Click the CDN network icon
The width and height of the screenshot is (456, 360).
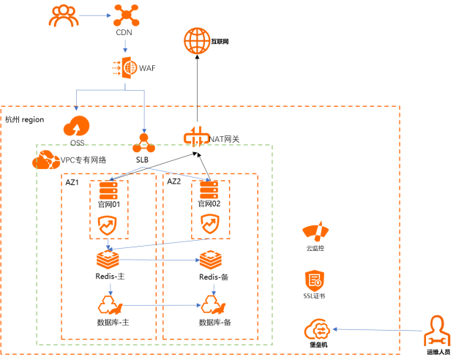tap(126, 15)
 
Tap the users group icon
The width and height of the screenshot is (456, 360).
tap(64, 16)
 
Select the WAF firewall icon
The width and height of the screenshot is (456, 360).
tap(125, 68)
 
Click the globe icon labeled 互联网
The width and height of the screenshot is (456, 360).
tap(197, 41)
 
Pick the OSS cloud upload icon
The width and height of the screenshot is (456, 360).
tap(76, 126)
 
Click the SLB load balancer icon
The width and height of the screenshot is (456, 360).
tap(143, 143)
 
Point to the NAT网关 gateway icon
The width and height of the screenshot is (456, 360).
tap(196, 137)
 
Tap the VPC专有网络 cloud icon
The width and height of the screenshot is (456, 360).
tap(46, 160)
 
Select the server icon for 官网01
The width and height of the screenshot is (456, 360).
tap(108, 190)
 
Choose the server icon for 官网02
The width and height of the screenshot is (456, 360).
tap(209, 190)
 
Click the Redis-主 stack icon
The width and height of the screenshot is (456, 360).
tap(108, 259)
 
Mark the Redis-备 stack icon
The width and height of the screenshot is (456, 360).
tap(211, 260)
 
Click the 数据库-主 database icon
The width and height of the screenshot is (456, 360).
tap(111, 305)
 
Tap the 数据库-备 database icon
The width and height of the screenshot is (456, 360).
tap(214, 304)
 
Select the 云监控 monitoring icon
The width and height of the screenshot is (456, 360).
tap(315, 231)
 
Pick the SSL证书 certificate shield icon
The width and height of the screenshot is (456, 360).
tap(315, 281)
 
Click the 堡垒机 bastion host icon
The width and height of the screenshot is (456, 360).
tap(318, 329)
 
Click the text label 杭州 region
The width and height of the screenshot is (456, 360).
tap(25, 119)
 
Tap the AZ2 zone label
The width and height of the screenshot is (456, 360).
tap(174, 181)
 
